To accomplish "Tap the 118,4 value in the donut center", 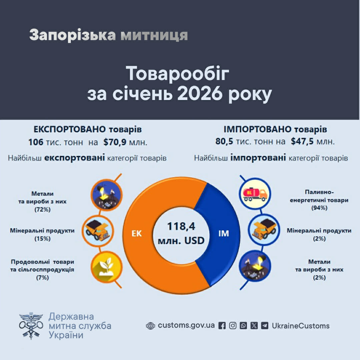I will [181, 227].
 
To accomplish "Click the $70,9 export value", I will [115, 142].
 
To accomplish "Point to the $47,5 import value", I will [302, 141].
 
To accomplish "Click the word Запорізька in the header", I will [72, 35].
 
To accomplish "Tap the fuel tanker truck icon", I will [255, 193].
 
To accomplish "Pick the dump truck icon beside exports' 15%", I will [98, 230].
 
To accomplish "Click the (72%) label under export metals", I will [42, 210].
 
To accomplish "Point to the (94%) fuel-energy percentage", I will [319, 208].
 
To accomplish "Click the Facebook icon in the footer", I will [222, 326].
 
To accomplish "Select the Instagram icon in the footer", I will [233, 326].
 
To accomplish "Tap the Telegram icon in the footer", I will [265, 326].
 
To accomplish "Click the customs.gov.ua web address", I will [186, 326].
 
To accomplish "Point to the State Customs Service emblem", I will [31, 326].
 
